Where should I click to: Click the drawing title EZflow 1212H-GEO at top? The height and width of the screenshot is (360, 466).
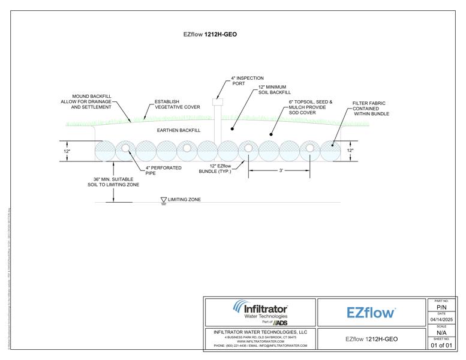click(210, 34)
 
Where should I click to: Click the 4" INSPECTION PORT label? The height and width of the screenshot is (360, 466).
click(248, 81)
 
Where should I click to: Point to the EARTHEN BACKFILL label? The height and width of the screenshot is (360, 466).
click(178, 130)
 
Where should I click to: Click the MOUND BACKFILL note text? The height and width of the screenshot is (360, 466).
click(91, 101)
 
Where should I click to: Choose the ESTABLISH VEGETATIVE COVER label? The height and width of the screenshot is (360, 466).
click(177, 104)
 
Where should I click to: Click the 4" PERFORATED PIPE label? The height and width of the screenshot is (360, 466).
click(163, 170)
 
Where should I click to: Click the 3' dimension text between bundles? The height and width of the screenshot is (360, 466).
click(280, 170)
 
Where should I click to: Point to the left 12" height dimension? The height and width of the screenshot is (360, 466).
click(67, 151)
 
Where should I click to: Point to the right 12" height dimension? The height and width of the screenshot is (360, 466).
click(350, 151)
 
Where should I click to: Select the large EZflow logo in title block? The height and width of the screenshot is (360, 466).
click(371, 313)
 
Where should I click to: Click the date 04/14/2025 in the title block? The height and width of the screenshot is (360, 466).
click(441, 320)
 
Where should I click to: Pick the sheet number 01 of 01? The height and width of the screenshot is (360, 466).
click(441, 346)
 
